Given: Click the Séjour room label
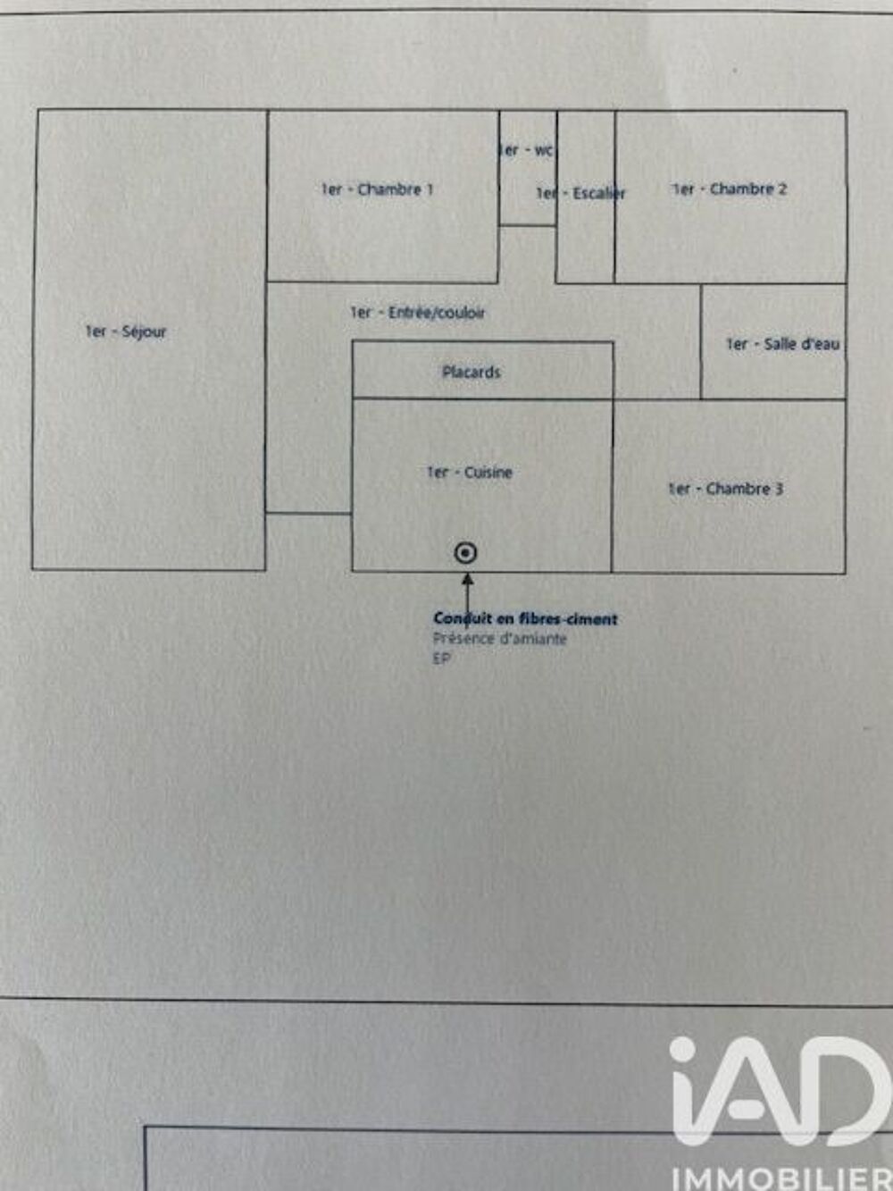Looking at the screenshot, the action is (126, 332).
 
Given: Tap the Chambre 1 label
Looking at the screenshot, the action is (377, 189).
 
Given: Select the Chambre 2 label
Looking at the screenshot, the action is (730, 189).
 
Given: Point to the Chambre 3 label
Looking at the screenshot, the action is (725, 489).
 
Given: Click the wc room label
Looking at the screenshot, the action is (525, 150).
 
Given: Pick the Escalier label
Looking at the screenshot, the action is (580, 193).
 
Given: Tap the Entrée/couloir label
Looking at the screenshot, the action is (417, 313).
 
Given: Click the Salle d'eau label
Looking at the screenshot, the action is (783, 344).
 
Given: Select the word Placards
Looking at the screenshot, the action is (472, 373).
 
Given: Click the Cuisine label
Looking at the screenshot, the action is (470, 473).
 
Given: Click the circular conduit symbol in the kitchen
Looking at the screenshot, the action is (465, 553).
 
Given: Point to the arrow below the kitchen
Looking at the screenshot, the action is (467, 600).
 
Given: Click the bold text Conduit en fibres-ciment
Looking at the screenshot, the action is (525, 618).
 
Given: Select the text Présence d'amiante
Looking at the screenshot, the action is (500, 639).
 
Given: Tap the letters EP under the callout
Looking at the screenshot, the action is (442, 658).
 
